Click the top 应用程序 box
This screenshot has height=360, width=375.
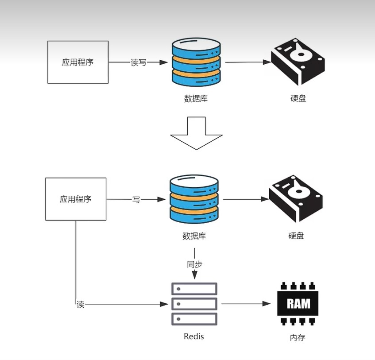click(78, 62)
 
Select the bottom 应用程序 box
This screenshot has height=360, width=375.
click(76, 199)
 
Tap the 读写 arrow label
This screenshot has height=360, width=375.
click(138, 62)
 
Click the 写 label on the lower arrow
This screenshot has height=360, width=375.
click(136, 200)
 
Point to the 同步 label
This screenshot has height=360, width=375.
click(194, 264)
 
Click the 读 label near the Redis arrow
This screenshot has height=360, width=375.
click(80, 305)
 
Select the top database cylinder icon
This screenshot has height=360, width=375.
click(196, 62)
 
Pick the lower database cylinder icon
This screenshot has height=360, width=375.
click(194, 199)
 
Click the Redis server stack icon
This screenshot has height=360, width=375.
click(194, 304)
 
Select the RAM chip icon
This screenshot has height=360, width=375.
click(298, 304)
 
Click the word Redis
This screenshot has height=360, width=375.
click(194, 337)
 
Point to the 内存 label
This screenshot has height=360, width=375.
click(298, 338)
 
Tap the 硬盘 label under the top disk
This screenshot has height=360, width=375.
click(298, 98)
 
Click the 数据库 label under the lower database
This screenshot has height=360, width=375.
click(194, 236)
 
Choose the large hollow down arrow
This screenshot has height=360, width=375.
click(197, 133)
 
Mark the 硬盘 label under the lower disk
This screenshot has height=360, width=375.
click(296, 236)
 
